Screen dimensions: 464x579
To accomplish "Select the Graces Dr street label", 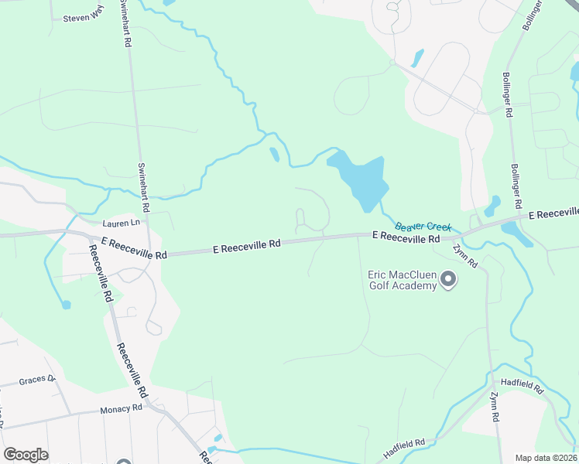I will tap(37, 380).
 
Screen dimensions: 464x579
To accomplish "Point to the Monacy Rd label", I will tap(120, 409).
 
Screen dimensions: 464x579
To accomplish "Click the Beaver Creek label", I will tap(423, 227).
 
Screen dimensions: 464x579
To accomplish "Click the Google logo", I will tap(26, 455).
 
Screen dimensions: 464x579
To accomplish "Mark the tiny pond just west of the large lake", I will tap(274, 154).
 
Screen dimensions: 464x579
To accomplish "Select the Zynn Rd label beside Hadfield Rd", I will tap(495, 407).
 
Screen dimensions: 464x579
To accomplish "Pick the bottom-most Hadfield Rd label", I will tap(404, 448).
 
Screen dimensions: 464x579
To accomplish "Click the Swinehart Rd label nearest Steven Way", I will tap(125, 23).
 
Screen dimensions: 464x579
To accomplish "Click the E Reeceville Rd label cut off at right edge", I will tap(553, 213).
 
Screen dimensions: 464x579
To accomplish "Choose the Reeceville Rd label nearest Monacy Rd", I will tap(132, 370).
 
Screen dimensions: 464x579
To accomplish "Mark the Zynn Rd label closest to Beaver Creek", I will tap(466, 256).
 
